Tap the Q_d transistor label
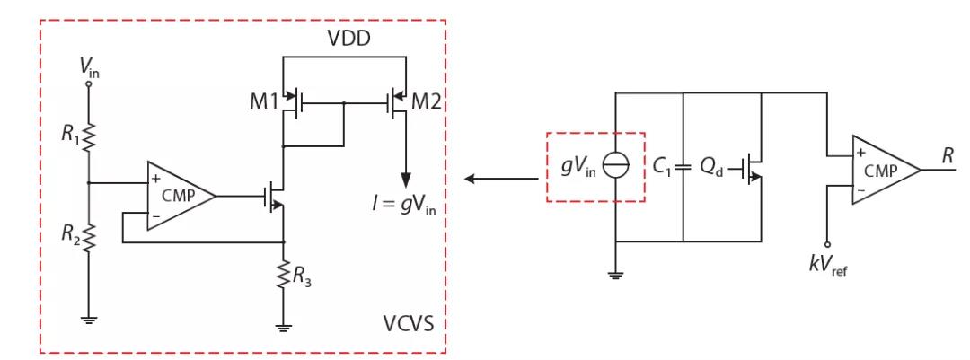713,166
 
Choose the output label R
948,155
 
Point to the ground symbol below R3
285,327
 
